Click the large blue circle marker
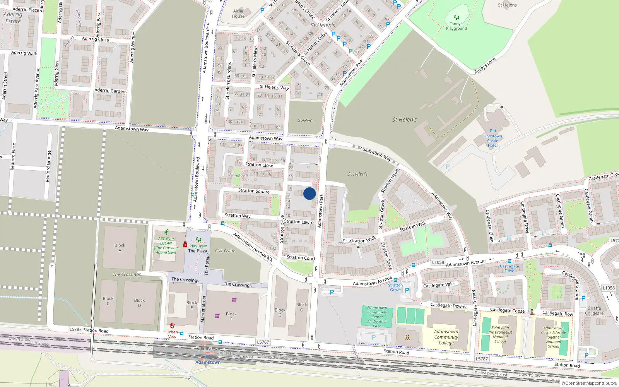pyautogui.click(x=309, y=193)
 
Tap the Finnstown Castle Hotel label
pyautogui.click(x=492, y=141)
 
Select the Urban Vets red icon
pyautogui.click(x=172, y=326)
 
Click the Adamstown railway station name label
pyautogui.click(x=208, y=362)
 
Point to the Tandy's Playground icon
pyautogui.click(x=457, y=17)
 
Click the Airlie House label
pyautogui.click(x=238, y=14)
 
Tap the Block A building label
pyautogui.click(x=120, y=248)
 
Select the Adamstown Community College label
pyautogui.click(x=446, y=337)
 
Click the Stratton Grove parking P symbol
pyautogui.click(x=407, y=290)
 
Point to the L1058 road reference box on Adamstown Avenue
pyautogui.click(x=438, y=262)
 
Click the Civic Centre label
pyautogui.click(x=225, y=251)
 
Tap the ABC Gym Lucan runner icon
pyautogui.click(x=166, y=232)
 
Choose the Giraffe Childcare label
pyautogui.click(x=594, y=311)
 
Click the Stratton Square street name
pyautogui.click(x=254, y=191)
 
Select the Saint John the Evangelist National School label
pyautogui.click(x=500, y=334)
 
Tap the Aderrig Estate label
pyautogui.click(x=13, y=18)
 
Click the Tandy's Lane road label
pyautogui.click(x=485, y=66)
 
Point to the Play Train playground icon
pyautogui.click(x=198, y=240)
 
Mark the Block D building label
pyautogui.click(x=139, y=303)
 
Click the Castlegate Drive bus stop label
pyautogui.click(x=509, y=269)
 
